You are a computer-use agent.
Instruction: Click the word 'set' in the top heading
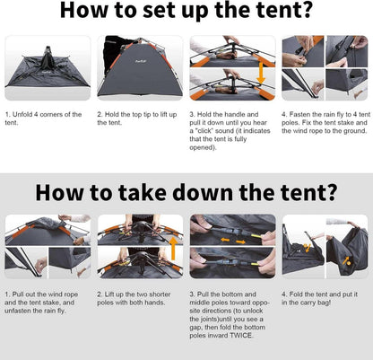coord(158,10)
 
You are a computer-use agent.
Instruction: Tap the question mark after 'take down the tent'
coord(331,191)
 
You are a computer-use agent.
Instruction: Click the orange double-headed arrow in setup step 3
coord(261,73)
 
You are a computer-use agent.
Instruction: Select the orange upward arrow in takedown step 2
coord(173,249)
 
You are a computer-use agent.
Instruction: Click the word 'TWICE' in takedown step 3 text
coord(241,336)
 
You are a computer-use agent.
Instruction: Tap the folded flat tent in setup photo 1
coord(48,70)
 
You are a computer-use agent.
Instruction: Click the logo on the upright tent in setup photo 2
coord(137,62)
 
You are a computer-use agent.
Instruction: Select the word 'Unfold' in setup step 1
coord(22,115)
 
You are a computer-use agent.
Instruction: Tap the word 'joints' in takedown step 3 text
coord(210,319)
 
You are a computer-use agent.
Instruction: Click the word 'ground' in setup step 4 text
coord(356,131)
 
